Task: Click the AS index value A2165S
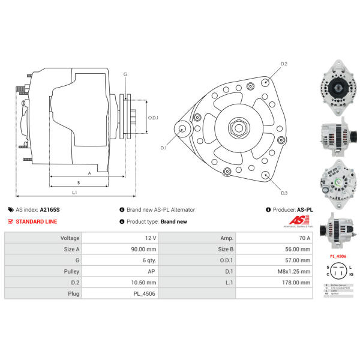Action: click(x=50, y=210)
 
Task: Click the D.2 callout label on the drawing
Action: click(x=284, y=64)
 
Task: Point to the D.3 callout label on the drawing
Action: click(x=284, y=193)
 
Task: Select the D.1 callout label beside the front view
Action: click(x=163, y=147)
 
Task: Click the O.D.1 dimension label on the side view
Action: click(x=153, y=118)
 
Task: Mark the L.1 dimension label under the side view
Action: click(x=74, y=192)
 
